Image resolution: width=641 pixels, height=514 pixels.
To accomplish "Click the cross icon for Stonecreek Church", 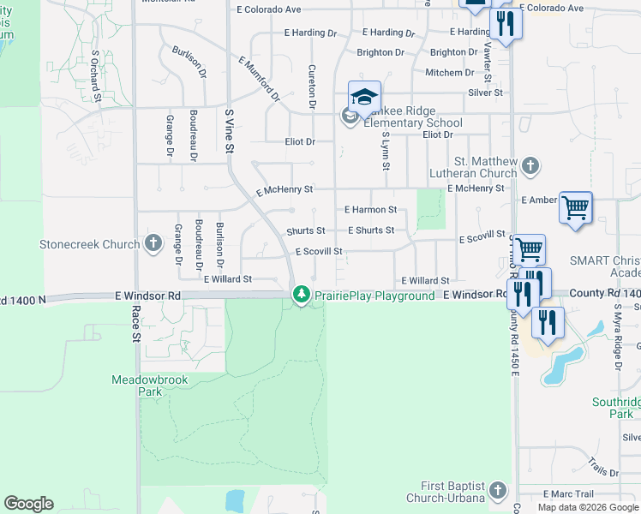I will [x=153, y=244].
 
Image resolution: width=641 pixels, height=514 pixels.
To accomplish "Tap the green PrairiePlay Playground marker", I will [x=301, y=295].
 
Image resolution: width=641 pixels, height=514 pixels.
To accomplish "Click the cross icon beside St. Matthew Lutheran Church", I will [x=530, y=165].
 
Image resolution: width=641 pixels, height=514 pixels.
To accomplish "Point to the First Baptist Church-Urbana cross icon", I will [x=498, y=492].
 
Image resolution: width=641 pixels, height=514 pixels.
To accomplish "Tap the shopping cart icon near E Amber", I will [x=575, y=206].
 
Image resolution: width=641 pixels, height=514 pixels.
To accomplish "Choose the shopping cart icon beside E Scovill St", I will [x=529, y=249].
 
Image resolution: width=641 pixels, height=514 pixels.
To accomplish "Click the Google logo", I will [x=28, y=504].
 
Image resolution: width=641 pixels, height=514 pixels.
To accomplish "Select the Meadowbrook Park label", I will [x=137, y=385].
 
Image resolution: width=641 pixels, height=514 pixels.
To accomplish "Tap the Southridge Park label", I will [x=615, y=408].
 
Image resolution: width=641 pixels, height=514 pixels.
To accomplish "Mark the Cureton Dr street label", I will [x=311, y=87].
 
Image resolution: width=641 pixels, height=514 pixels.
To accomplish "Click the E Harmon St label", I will [x=370, y=209].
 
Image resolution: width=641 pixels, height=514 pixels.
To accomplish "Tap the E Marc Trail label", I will [x=568, y=493].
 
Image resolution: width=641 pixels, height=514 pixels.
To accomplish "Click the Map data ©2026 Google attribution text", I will [x=588, y=507].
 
